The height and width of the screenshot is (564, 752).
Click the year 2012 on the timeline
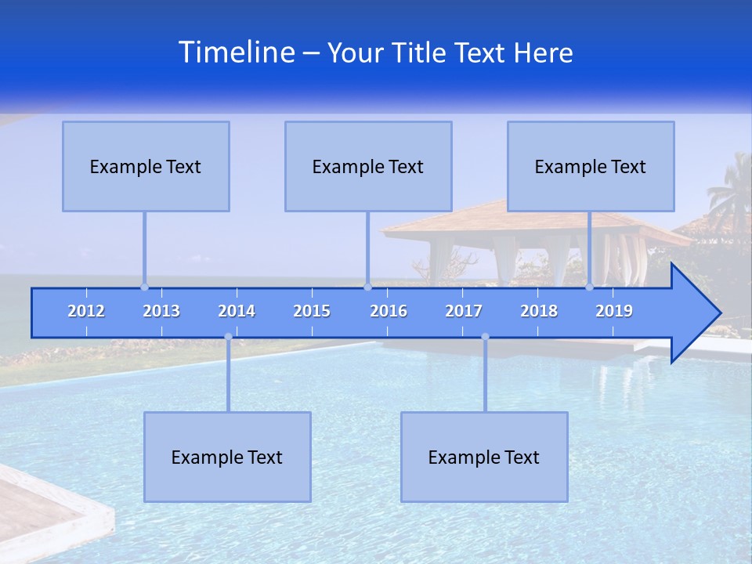pyautogui.click(x=86, y=311)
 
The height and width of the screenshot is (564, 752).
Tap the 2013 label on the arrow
pyautogui.click(x=161, y=311)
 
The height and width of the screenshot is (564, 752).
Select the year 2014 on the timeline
pyautogui.click(x=237, y=311)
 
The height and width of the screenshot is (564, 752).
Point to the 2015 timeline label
pyautogui.click(x=312, y=311)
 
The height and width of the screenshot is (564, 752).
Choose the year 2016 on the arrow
pyautogui.click(x=389, y=311)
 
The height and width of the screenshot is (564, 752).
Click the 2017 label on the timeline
pyautogui.click(x=464, y=311)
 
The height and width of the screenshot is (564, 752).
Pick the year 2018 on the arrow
pyautogui.click(x=539, y=311)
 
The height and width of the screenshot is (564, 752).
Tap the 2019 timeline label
pyautogui.click(x=614, y=311)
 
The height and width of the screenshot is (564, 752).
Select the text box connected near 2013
pyautogui.click(x=146, y=166)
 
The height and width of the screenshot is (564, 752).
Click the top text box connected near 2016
pyautogui.click(x=368, y=166)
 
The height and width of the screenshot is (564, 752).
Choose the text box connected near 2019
pyautogui.click(x=591, y=166)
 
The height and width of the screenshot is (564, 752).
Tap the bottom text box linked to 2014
pyautogui.click(x=227, y=457)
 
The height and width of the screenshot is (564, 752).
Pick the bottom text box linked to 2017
pyautogui.click(x=484, y=457)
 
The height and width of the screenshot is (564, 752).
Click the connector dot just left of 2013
pyautogui.click(x=144, y=287)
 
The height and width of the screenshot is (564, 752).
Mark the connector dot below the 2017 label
pyautogui.click(x=485, y=337)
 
